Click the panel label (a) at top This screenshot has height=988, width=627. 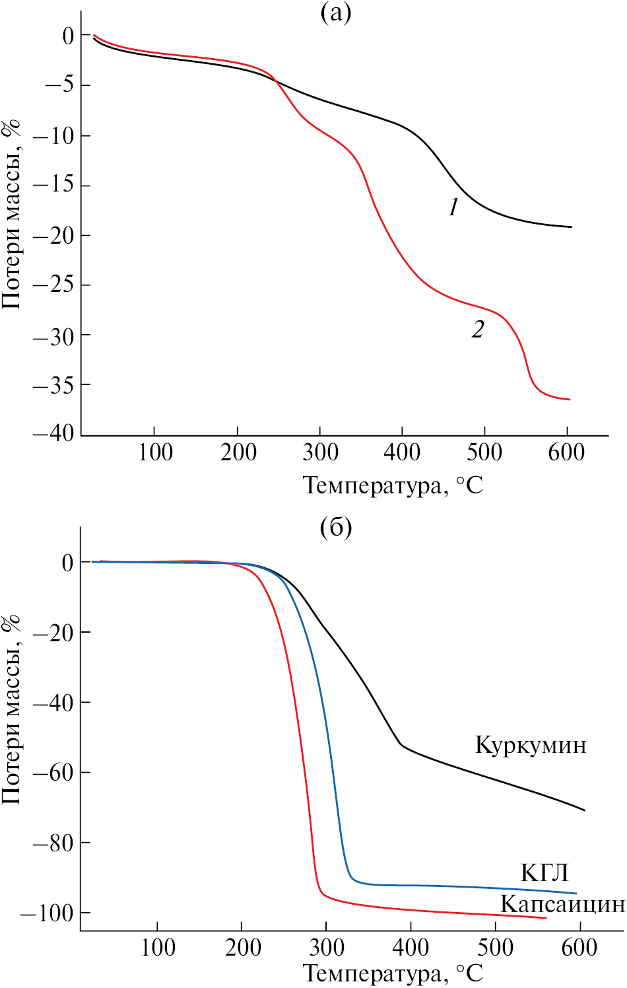click(335, 13)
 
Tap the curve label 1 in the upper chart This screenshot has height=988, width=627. click(453, 208)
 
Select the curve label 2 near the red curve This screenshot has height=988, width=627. click(477, 329)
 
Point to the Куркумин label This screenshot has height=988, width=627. click(531, 745)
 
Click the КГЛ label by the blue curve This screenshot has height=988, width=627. click(544, 872)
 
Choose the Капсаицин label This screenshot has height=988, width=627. click(562, 903)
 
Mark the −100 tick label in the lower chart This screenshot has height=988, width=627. click(46, 913)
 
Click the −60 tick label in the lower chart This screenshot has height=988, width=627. click(53, 773)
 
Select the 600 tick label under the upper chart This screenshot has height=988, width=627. click(566, 453)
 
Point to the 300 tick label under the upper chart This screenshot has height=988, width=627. click(319, 453)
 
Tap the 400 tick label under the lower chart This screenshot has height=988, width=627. click(411, 948)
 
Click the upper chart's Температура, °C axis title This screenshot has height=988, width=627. click(393, 486)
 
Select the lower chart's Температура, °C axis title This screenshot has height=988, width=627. click(393, 973)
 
